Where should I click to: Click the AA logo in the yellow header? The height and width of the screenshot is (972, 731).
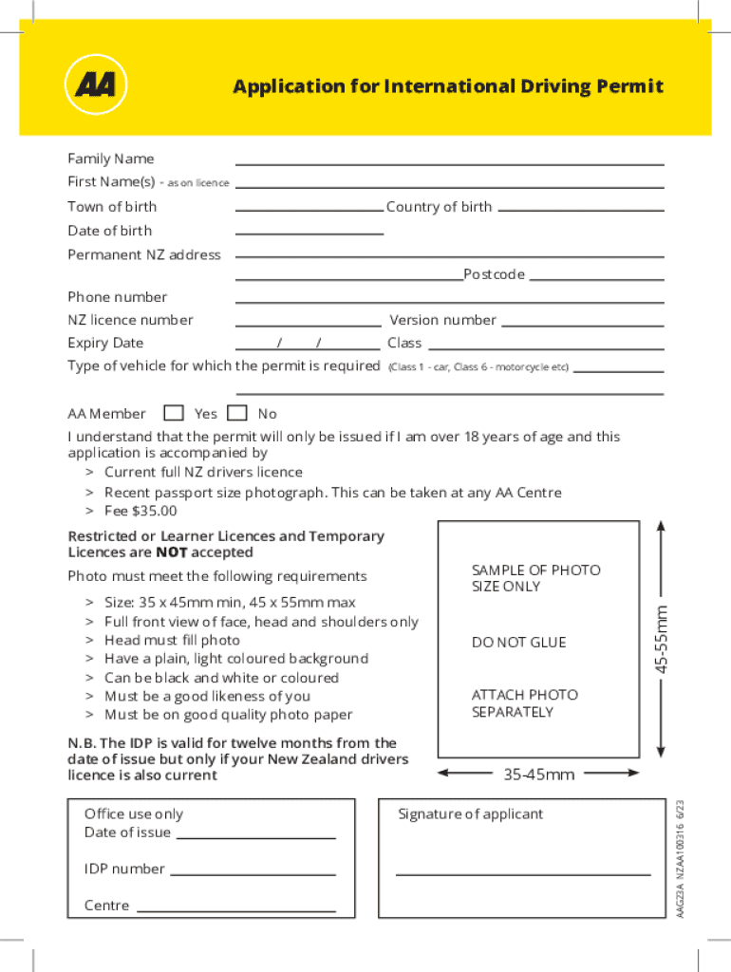(x=95, y=85)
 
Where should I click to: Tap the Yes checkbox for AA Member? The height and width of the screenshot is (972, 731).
(x=173, y=413)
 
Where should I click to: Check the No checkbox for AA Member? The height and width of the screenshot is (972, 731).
(x=237, y=413)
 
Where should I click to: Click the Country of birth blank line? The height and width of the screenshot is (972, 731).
(x=580, y=209)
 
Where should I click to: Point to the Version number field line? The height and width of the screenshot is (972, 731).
(x=582, y=325)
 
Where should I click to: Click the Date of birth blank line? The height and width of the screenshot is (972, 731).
(x=309, y=233)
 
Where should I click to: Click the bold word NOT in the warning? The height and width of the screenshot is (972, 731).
(x=172, y=552)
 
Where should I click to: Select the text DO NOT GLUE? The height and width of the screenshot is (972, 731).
(x=518, y=643)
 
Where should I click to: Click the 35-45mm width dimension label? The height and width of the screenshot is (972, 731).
(x=539, y=775)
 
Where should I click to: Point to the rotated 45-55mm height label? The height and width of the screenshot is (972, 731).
(x=665, y=642)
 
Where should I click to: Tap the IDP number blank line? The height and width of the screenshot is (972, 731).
(x=253, y=873)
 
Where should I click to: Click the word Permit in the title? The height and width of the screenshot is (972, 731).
(x=629, y=87)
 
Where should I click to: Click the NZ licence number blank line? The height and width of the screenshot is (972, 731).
(x=308, y=325)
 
